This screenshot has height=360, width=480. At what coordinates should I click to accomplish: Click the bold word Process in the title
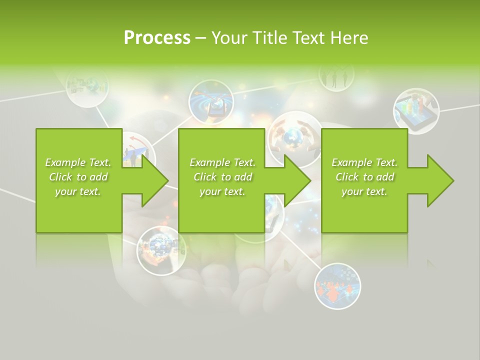157,38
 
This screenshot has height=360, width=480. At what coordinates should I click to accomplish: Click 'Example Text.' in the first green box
78,162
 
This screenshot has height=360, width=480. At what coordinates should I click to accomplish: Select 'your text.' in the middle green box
222,191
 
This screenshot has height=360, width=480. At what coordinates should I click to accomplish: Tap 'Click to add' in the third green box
365,177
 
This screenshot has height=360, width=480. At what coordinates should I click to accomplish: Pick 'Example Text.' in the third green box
365,162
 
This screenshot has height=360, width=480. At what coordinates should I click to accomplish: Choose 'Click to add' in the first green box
78,177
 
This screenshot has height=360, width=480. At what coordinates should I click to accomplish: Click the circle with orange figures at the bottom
337,286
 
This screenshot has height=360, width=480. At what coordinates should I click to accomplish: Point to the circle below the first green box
161,250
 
